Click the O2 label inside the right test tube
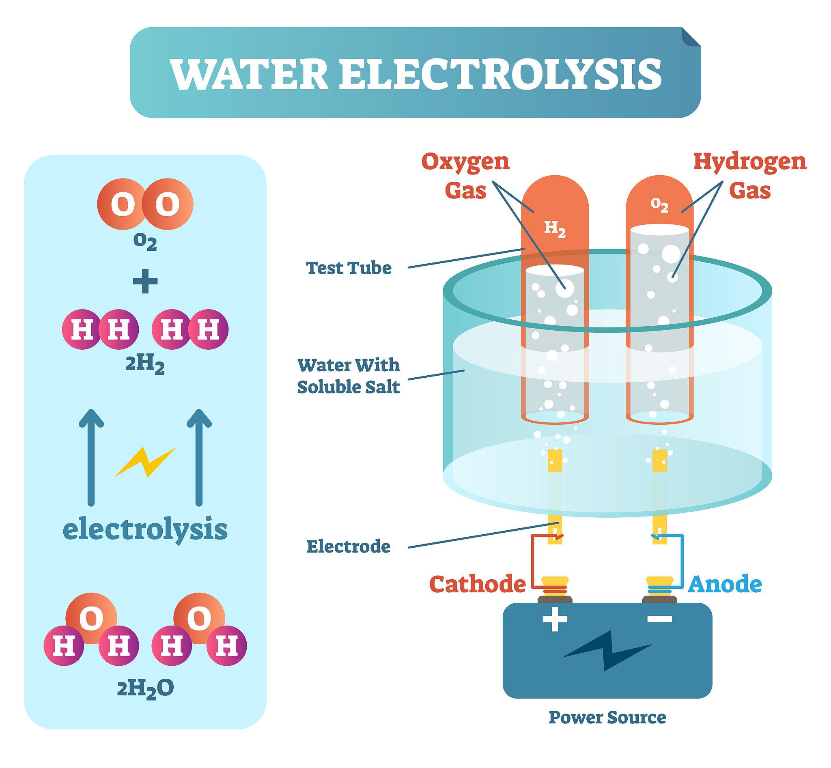click(659, 204)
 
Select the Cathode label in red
click(477, 584)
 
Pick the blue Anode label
click(725, 584)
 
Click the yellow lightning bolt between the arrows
click(146, 462)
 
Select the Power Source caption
click(607, 717)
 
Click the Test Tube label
click(349, 268)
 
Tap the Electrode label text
click(349, 546)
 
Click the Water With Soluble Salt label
click(349, 376)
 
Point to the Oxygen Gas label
click(465, 175)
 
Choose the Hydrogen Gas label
click(749, 175)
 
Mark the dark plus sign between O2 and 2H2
click(145, 281)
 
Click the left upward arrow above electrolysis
click(91, 457)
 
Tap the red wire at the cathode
click(532, 561)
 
